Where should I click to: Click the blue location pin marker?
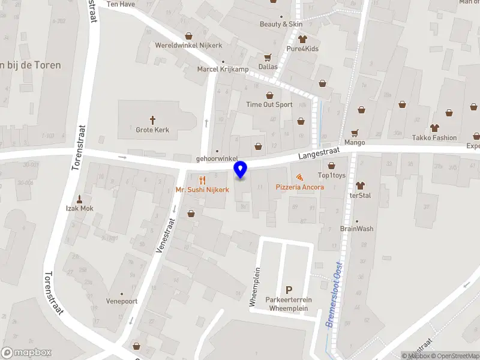(240, 169)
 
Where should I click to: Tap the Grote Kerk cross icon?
(152, 119)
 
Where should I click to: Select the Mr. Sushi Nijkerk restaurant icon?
(202, 179)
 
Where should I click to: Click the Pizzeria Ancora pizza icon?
(299, 177)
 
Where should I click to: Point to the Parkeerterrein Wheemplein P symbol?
(289, 290)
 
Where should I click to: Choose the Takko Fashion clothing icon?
(434, 128)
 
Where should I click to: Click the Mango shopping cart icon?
(355, 133)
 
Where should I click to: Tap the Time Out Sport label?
(269, 104)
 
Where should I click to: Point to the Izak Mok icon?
(80, 199)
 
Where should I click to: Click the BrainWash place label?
(357, 229)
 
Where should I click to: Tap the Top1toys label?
(332, 175)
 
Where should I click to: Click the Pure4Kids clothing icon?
(302, 38)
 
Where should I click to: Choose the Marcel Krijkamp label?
(223, 69)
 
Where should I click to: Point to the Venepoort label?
(122, 301)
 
